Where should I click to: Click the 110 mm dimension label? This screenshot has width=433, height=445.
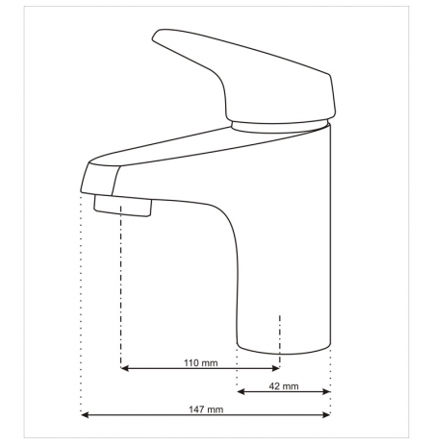pyautogui.click(x=200, y=362)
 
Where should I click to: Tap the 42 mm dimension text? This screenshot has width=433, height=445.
pyautogui.click(x=284, y=386)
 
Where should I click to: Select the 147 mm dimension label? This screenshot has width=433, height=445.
pyautogui.click(x=206, y=409)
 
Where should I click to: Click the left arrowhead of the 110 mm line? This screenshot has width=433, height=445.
pyautogui.click(x=125, y=368)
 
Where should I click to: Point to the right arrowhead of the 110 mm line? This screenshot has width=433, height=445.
pyautogui.click(x=276, y=368)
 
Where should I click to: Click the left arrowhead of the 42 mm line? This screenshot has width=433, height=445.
pyautogui.click(x=241, y=391)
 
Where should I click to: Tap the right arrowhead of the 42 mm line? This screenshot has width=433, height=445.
pyautogui.click(x=326, y=391)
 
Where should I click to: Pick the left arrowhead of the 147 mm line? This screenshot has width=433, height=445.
pyautogui.click(x=85, y=415)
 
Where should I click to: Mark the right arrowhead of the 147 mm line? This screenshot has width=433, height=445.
pyautogui.click(x=326, y=415)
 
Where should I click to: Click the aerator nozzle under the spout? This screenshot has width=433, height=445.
pyautogui.click(x=122, y=206)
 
